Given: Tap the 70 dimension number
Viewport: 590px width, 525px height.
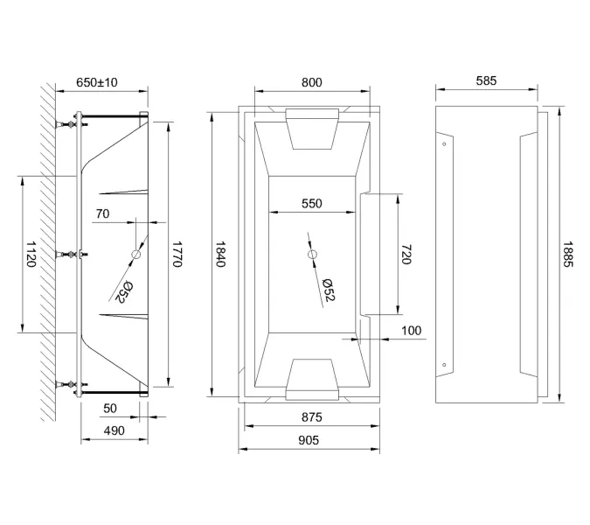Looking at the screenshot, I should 102,213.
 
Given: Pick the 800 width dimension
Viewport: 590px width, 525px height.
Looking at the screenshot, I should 311,82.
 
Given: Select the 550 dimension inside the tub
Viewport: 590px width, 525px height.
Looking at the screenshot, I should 311,204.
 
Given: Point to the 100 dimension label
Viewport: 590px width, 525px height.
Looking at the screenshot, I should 412,331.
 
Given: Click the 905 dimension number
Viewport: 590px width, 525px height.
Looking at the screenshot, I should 310,440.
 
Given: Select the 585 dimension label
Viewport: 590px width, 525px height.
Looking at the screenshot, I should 486,81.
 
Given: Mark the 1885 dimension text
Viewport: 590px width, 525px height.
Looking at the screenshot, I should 568,254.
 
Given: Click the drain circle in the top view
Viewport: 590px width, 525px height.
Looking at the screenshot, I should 312,254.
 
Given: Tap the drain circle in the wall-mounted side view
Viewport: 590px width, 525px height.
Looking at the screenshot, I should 136,254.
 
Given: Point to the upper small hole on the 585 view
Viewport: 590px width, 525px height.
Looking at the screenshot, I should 445,143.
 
